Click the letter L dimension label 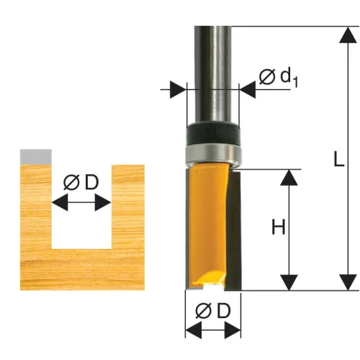pyautogui.click(x=339, y=158)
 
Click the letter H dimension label pyautogui.click(x=279, y=227)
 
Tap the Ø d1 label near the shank pyautogui.click(x=279, y=77)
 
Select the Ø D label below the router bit pyautogui.click(x=213, y=311)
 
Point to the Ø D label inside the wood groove pyautogui.click(x=81, y=182)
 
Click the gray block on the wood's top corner pyautogui.click(x=36, y=157)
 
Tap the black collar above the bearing pyautogui.click(x=213, y=134)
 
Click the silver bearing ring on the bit pyautogui.click(x=213, y=154)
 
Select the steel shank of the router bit pyautogui.click(x=213, y=75)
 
